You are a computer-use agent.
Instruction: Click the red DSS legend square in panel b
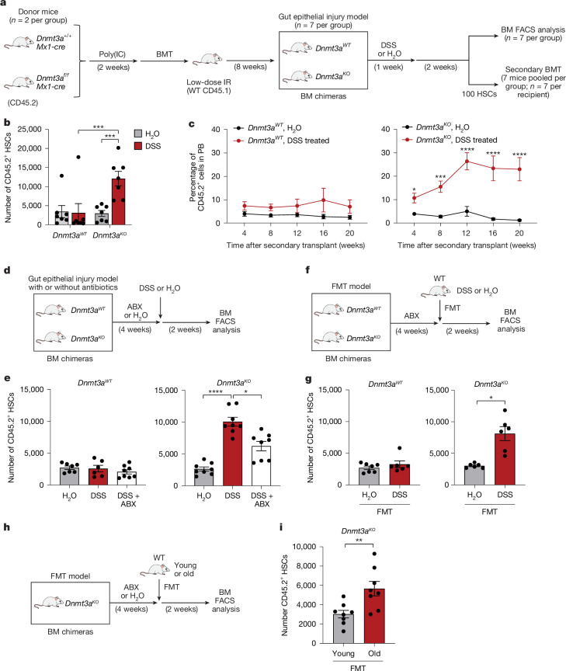137,146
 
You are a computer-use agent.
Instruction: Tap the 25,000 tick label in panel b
30,129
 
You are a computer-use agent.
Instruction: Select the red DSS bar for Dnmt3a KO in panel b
119,202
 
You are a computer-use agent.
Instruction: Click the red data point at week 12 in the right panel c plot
467,162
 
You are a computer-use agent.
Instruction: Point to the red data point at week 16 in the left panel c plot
324,200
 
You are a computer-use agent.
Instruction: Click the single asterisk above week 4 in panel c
414,189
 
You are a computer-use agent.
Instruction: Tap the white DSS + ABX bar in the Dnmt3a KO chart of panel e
262,466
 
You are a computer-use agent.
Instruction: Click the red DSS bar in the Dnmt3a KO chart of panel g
505,459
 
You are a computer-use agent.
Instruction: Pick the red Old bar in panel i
374,616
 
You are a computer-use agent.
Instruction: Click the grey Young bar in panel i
343,628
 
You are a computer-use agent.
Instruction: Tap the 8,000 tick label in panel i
304,565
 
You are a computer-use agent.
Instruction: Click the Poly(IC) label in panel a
112,54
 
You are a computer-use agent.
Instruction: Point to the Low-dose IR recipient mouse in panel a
207,59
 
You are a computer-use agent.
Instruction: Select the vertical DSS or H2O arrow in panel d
161,307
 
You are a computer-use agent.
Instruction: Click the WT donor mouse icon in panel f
436,291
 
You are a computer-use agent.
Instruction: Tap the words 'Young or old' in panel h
185,569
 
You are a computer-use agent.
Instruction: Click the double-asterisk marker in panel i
359,541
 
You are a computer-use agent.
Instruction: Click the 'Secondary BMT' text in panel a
533,69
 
